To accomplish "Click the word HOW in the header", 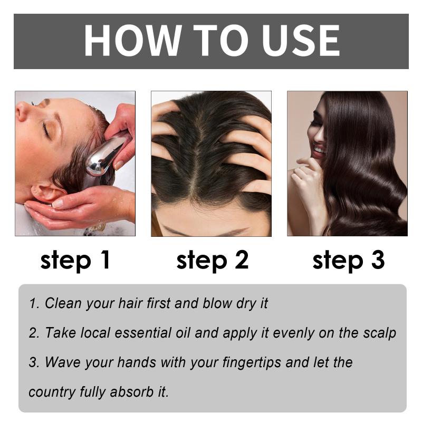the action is pos(133,41).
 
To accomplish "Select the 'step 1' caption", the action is pos(75,260).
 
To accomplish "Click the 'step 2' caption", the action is pos(213,260).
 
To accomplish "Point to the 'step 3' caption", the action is pos(349,260).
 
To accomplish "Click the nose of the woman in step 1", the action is pos(22,111).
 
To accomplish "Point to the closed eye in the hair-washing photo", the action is pos(46,130).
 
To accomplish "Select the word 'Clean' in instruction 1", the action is pos(63,303).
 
